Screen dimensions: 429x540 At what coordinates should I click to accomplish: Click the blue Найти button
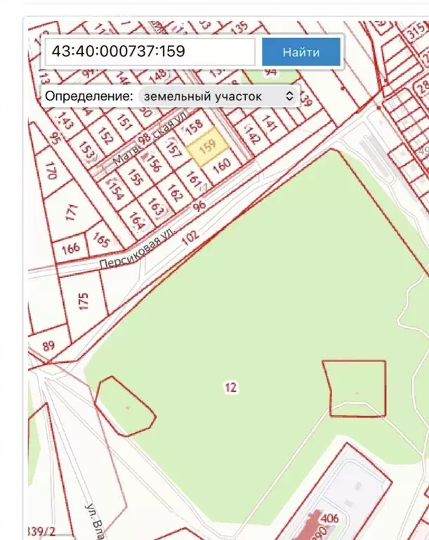(301, 52)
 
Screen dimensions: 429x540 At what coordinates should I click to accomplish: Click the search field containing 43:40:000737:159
(149, 52)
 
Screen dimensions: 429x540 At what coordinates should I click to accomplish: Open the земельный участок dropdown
(218, 96)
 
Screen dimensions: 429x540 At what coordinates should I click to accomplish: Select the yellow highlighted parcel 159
(208, 148)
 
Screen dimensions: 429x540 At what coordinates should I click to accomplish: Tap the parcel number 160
(221, 167)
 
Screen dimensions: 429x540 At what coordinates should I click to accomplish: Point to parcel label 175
(85, 302)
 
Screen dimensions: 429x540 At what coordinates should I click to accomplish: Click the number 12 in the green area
(230, 387)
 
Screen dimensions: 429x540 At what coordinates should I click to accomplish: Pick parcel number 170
(51, 171)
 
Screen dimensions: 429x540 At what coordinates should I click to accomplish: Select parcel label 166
(70, 248)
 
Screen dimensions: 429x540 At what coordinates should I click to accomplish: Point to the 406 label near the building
(329, 519)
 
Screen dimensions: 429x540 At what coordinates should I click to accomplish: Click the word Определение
(88, 96)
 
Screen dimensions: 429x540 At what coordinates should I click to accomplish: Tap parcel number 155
(135, 179)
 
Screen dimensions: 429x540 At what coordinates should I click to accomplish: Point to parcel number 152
(106, 135)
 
